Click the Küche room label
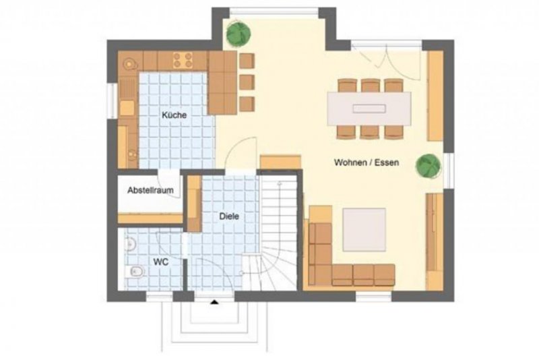click(175, 115)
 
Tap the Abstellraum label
click(150, 190)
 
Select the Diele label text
click(229, 216)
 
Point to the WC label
click(161, 262)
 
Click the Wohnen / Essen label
click(367, 162)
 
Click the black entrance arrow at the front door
click(214, 302)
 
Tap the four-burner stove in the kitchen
click(183, 60)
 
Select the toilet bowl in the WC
click(134, 272)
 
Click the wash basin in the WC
click(129, 245)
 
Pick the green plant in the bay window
click(239, 34)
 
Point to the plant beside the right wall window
click(428, 167)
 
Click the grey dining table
click(369, 109)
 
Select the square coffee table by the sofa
click(364, 230)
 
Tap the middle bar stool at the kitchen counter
click(247, 82)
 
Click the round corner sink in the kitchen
click(129, 63)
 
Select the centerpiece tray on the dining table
click(369, 109)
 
